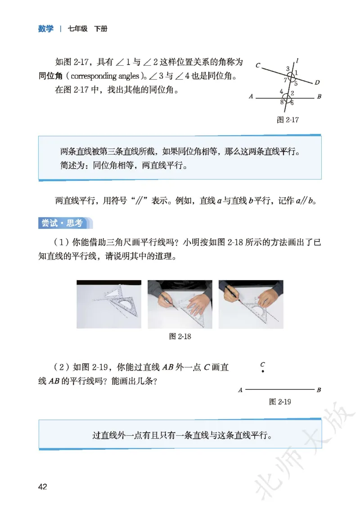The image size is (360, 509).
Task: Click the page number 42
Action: pyautogui.click(x=43, y=487)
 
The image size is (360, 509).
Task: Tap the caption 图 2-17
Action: pyautogui.click(x=288, y=120)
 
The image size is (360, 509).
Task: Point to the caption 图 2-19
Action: pyautogui.click(x=280, y=402)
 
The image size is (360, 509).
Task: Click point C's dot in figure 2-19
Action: pyautogui.click(x=263, y=371)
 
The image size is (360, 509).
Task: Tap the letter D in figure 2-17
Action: pyautogui.click(x=317, y=82)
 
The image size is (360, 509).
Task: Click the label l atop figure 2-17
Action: pyautogui.click(x=297, y=61)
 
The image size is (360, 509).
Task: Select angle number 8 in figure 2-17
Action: pyautogui.click(x=282, y=102)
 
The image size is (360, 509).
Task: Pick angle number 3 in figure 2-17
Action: pyautogui.click(x=288, y=69)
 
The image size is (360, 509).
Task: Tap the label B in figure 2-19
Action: pyautogui.click(x=319, y=390)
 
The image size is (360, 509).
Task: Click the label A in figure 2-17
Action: pyautogui.click(x=251, y=96)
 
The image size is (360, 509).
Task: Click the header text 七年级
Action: pyautogui.click(x=77, y=29)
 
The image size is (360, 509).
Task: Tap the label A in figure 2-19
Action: pyautogui.click(x=240, y=390)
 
